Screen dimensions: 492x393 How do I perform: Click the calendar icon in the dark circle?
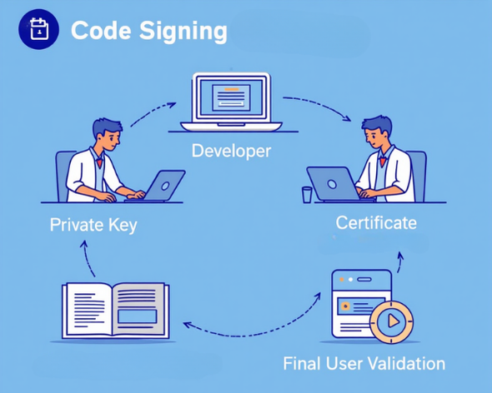pyautogui.click(x=39, y=29)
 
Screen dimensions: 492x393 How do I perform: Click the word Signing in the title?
pyautogui.click(x=183, y=32)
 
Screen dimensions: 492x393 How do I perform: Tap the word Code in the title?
pyautogui.click(x=101, y=30)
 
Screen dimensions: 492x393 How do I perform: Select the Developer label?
pyautogui.click(x=231, y=151)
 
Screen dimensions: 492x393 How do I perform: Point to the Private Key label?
pyautogui.click(x=93, y=225)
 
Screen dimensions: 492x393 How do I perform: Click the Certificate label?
pyautogui.click(x=376, y=223)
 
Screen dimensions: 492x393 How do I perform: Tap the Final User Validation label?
pyautogui.click(x=364, y=364)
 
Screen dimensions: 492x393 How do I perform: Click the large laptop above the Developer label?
pyautogui.click(x=231, y=102)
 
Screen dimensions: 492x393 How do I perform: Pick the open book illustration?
pyautogui.click(x=115, y=311)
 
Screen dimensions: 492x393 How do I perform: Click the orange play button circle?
pyautogui.click(x=392, y=321)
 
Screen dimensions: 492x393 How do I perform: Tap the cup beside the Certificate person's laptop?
pyautogui.click(x=307, y=195)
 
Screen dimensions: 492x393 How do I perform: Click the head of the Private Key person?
pyautogui.click(x=108, y=134)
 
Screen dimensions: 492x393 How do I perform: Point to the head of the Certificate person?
pyautogui.click(x=378, y=132)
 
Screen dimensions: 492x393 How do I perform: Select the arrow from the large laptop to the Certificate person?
pyautogui.click(x=319, y=105)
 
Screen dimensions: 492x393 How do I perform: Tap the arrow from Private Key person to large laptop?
pyautogui.click(x=152, y=112)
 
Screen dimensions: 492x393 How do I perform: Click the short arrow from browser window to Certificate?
pyautogui.click(x=399, y=261)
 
